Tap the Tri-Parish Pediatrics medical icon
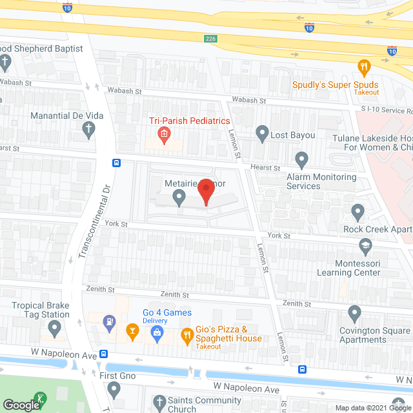[164, 134]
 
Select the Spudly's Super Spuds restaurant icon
[364, 66]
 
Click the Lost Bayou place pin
[262, 134]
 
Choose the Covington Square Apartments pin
[354, 314]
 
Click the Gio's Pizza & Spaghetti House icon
[187, 334]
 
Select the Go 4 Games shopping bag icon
[156, 333]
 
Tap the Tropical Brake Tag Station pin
[55, 330]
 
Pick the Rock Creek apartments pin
[357, 211]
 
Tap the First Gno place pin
[114, 389]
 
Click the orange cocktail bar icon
[132, 333]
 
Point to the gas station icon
[110, 319]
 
